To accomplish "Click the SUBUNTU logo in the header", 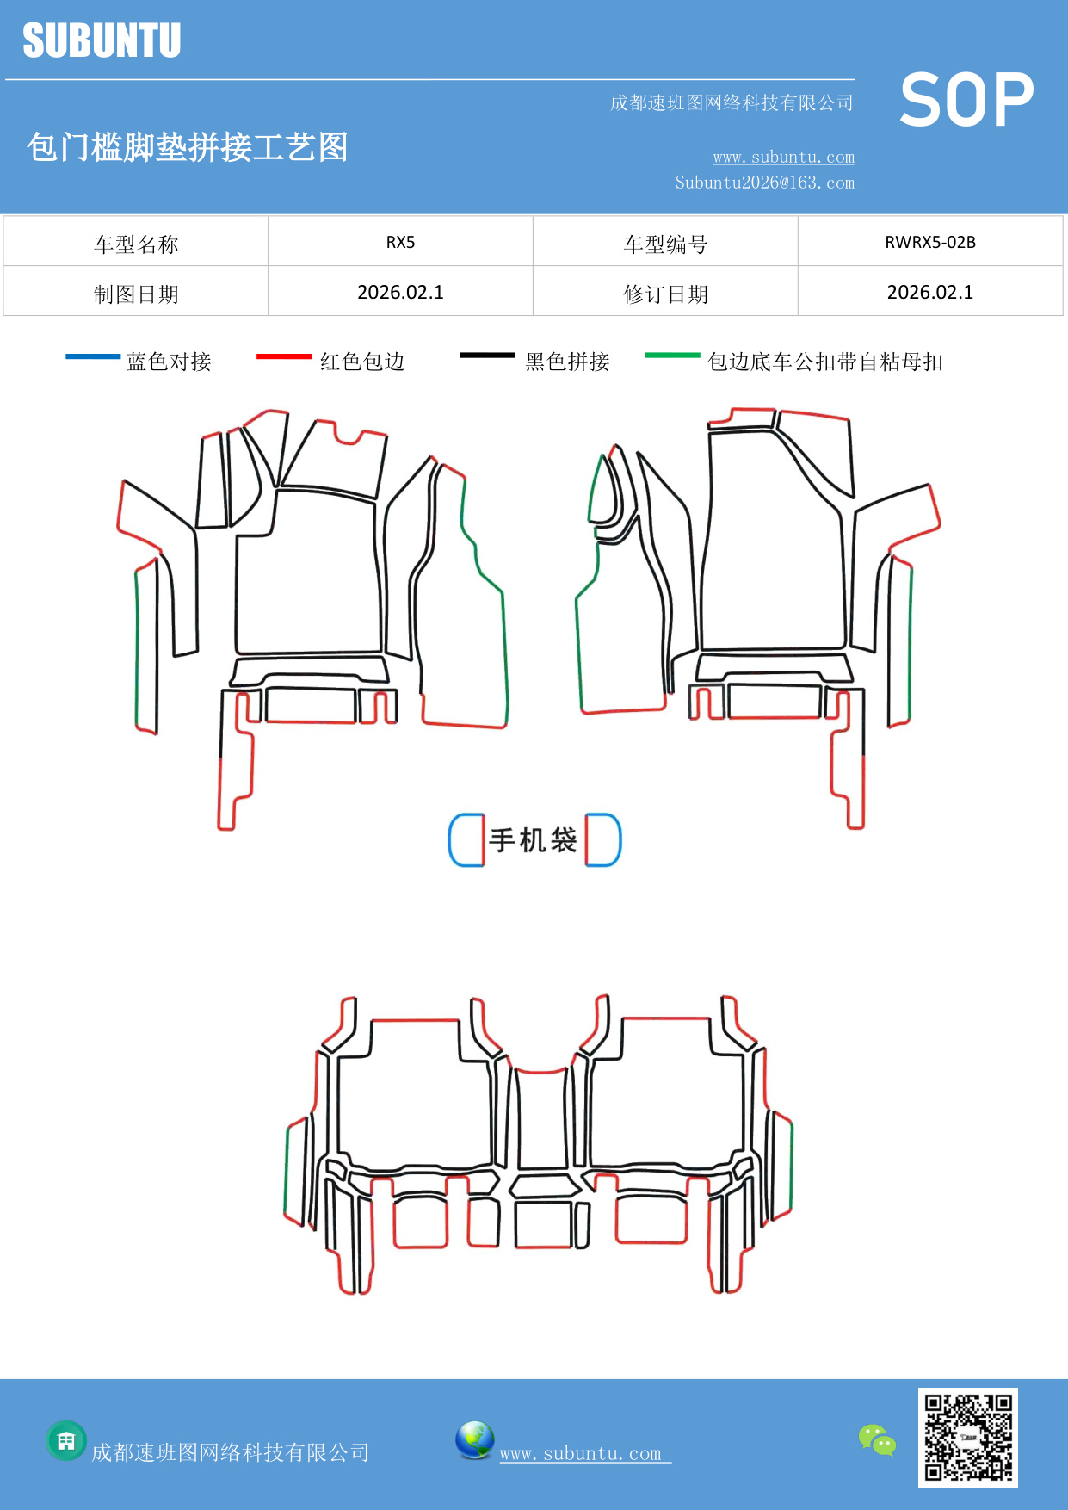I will [x=102, y=40].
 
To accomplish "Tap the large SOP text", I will [x=966, y=100].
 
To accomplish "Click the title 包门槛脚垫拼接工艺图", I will [x=187, y=147].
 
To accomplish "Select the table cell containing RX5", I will [x=400, y=242].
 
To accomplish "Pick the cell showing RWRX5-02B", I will [x=929, y=242].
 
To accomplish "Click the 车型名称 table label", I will [x=136, y=244].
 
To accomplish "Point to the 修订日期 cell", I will [x=665, y=294].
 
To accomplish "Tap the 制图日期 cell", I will [x=136, y=294].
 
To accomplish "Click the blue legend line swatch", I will [x=93, y=356].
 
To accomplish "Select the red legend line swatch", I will [x=284, y=356].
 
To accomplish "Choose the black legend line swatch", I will [x=487, y=356].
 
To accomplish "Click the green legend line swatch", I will [x=673, y=355].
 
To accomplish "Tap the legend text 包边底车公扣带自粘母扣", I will [x=824, y=362].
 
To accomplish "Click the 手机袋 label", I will [x=534, y=840].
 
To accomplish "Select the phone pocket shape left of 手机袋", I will [x=466, y=840].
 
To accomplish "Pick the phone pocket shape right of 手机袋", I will [x=603, y=840].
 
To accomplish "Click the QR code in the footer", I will [x=968, y=1437].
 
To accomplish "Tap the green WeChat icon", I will [x=877, y=1440].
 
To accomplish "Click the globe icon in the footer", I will [x=474, y=1440].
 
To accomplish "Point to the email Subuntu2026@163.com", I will [x=764, y=183].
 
